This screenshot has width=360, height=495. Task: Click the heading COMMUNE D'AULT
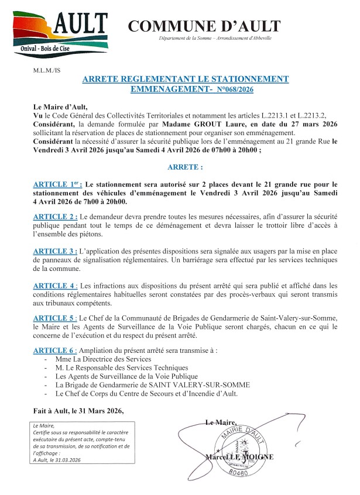point(204,26)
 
